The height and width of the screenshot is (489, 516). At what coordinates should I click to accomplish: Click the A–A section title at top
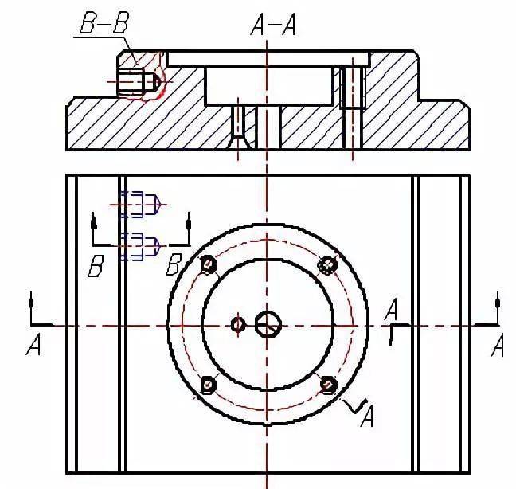273,25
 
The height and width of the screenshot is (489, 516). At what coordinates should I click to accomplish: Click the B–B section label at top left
104,23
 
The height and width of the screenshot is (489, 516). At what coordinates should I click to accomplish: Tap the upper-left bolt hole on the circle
209,264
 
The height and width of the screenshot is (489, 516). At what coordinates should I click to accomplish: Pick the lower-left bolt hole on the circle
208,385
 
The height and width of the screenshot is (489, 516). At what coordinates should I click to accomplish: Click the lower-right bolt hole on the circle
328,385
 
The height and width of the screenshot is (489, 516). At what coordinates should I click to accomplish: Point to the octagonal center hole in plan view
268,325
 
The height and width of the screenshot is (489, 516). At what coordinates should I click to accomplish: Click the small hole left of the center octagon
238,325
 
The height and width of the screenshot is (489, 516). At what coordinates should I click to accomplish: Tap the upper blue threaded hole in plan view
140,205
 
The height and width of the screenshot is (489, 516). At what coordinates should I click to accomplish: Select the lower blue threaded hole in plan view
140,246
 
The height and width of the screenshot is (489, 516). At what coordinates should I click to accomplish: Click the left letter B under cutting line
96,265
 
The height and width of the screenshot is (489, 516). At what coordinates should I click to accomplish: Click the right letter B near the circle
173,264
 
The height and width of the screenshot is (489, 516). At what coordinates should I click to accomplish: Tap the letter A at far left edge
33,344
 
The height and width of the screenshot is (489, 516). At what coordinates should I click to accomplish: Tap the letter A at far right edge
497,345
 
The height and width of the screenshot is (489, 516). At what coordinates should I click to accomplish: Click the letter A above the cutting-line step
391,310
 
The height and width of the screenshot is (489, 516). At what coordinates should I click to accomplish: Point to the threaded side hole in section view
139,81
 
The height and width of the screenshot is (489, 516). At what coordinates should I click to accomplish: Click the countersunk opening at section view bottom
238,141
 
